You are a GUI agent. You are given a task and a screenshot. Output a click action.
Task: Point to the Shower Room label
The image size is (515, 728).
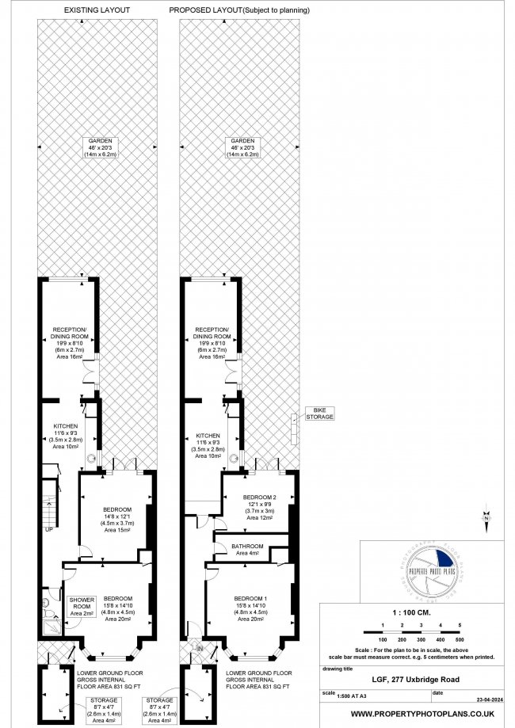click(x=82, y=606)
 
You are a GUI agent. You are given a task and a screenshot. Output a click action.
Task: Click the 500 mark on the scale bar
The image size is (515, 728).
click(x=459, y=638)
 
